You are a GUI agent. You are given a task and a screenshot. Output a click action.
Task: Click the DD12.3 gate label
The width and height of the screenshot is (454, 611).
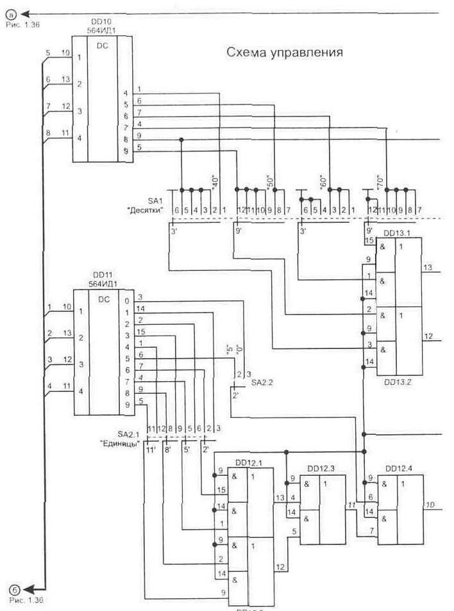click(x=321, y=469)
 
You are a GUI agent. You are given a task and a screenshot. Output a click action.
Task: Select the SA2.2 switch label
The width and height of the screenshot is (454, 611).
click(x=262, y=382)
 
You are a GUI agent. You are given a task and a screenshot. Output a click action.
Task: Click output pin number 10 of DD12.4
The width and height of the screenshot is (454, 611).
click(x=430, y=506)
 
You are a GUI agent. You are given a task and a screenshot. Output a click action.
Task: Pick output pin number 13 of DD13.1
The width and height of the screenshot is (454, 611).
click(x=427, y=266)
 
